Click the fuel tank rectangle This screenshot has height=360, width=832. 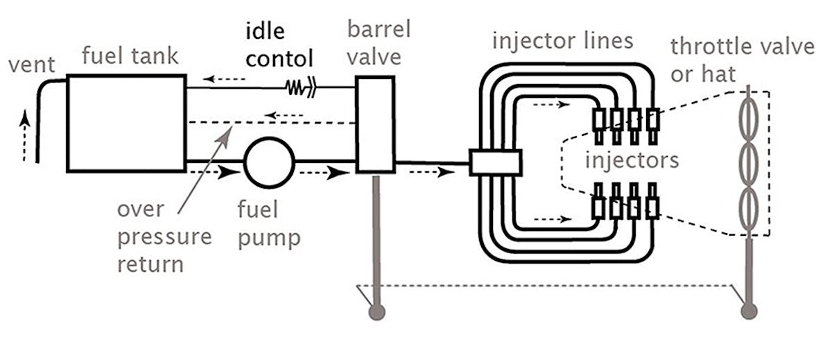[126, 123]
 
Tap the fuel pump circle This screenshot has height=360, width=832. [269, 164]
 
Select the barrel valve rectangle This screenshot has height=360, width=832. [374, 124]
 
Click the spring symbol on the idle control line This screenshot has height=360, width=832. [300, 87]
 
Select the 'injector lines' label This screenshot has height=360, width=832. [562, 40]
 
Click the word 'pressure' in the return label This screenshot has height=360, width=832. [164, 237]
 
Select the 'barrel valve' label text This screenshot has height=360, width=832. [379, 42]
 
